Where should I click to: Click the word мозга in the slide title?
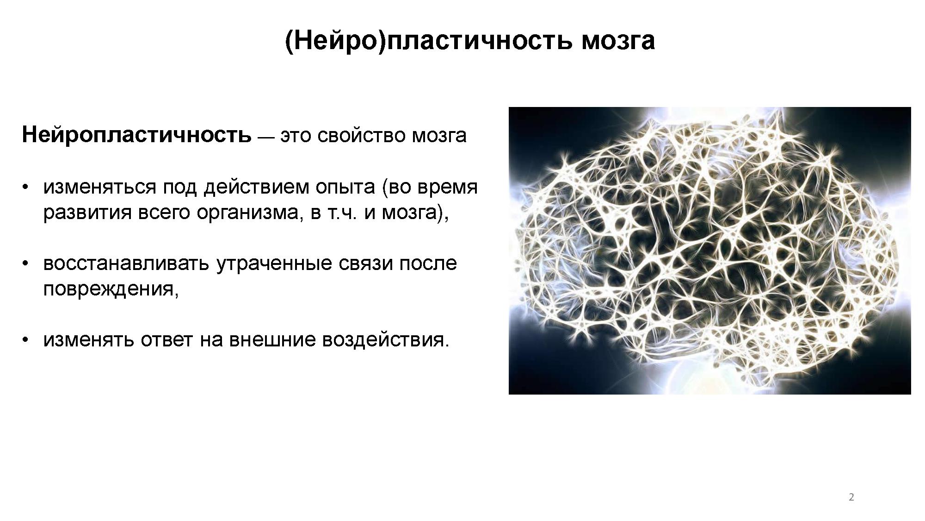618,41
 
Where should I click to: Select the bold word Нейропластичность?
137,135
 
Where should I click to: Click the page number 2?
851,497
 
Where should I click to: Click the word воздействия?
385,340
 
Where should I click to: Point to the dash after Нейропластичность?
266,137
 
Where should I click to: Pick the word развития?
87,213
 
